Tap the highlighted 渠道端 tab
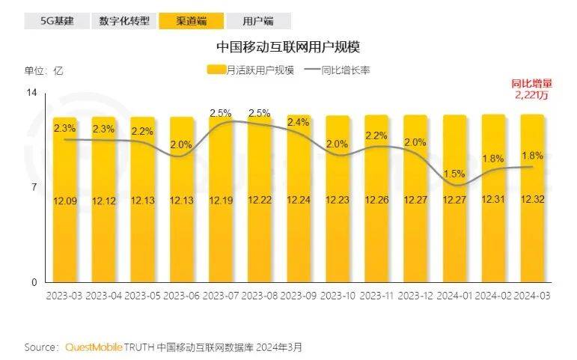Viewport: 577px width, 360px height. pyautogui.click(x=191, y=21)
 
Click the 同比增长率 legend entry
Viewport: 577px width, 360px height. pyautogui.click(x=337, y=70)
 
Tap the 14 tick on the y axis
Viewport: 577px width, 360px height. pyautogui.click(x=32, y=92)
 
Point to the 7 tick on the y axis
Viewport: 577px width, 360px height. pyautogui.click(x=34, y=187)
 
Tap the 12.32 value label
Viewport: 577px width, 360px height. pyautogui.click(x=532, y=201)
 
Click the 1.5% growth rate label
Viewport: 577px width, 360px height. pyautogui.click(x=454, y=173)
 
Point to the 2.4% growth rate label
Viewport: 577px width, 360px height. pyautogui.click(x=299, y=122)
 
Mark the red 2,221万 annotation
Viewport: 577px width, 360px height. pyautogui.click(x=532, y=96)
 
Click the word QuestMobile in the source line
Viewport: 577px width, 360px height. pyautogui.click(x=94, y=347)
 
